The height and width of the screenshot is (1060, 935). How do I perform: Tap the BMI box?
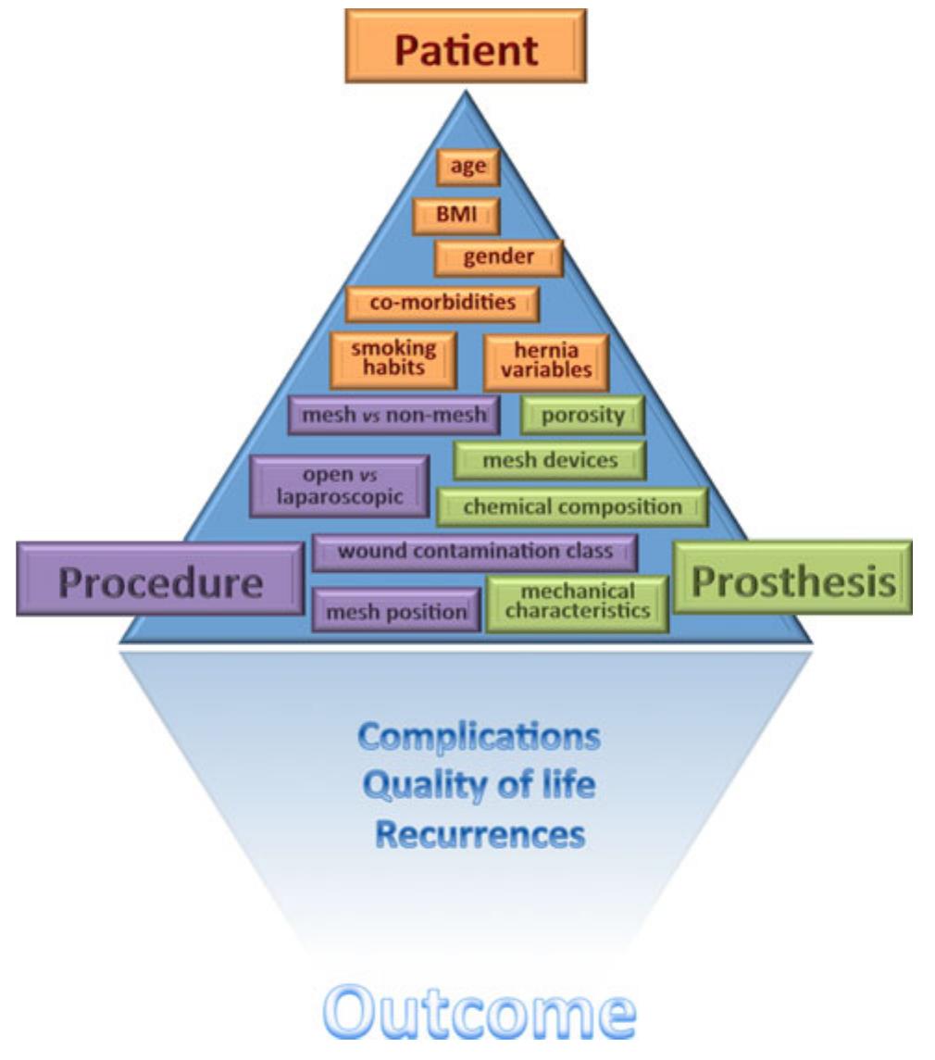tap(456, 216)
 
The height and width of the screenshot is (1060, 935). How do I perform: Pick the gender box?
tap(499, 257)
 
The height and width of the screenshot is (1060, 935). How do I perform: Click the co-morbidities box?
tap(443, 303)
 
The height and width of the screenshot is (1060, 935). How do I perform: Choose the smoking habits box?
tap(393, 359)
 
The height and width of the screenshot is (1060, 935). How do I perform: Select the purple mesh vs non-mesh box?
tap(394, 416)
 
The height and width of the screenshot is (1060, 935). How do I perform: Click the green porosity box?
tap(583, 415)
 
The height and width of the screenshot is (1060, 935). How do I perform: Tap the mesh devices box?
tap(549, 460)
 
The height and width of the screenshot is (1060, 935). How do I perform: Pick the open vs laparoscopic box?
tap(340, 485)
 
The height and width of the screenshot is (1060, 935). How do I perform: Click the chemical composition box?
tap(572, 507)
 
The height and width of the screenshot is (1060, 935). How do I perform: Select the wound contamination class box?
tap(475, 552)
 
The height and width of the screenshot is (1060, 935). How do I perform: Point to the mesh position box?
tap(396, 611)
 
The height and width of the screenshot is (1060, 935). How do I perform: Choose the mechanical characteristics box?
tap(578, 603)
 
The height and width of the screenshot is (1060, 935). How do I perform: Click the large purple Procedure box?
tap(159, 583)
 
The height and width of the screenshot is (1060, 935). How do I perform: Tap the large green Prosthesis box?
tap(793, 580)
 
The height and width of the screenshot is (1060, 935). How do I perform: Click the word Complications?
tap(479, 737)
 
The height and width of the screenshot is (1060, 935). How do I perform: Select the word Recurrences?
tap(480, 835)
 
